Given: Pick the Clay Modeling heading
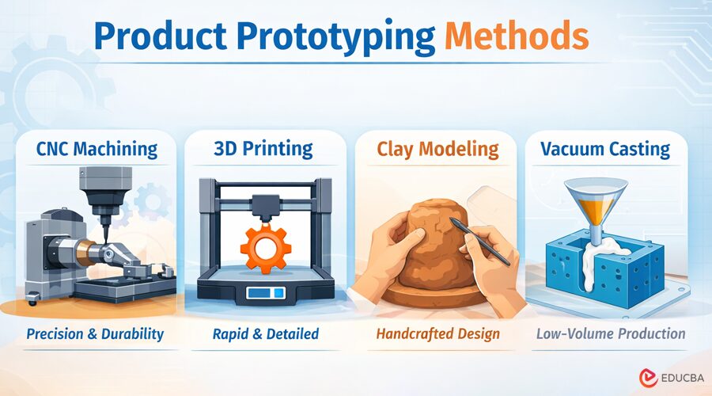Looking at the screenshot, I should (x=437, y=149).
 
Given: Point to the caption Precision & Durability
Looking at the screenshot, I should (x=95, y=333).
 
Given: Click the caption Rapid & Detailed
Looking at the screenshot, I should (x=265, y=333).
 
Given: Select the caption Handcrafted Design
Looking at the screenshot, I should (x=437, y=333).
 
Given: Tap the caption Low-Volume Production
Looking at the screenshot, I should (x=610, y=333).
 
